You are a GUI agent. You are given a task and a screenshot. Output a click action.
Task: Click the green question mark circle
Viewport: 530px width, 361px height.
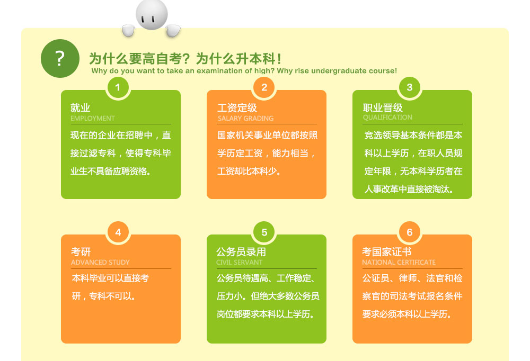coord(60,58)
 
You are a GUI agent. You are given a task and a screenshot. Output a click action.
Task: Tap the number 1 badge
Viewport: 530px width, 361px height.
coord(118,87)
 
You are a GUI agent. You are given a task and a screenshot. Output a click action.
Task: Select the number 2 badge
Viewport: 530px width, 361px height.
coord(264,87)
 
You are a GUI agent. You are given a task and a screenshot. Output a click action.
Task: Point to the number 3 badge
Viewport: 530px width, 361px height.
coord(409,87)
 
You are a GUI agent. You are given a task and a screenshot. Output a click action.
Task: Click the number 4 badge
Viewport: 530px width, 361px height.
coord(118,232)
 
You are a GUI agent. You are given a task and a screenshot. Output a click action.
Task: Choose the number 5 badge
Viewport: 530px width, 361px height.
coord(264,232)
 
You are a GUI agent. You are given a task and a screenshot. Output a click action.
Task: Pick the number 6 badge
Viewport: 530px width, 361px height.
coord(409,232)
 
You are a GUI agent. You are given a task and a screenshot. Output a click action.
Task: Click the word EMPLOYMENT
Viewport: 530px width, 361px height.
coord(93,118)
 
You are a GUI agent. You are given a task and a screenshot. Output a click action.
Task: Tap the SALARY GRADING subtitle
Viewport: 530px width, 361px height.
coord(246,118)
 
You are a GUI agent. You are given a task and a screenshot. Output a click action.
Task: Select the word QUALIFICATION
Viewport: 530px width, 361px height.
coord(388,117)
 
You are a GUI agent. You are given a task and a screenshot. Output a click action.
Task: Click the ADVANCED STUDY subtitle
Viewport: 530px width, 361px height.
coord(100,262)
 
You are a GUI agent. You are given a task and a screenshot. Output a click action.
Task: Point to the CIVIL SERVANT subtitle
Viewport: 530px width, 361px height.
coord(240,262)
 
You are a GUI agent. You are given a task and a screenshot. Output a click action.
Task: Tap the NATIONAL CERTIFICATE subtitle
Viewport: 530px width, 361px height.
coord(399,262)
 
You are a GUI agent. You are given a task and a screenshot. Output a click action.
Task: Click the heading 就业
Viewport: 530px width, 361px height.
coord(80,108)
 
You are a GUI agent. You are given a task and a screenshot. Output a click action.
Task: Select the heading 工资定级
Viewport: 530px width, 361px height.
coord(237,108)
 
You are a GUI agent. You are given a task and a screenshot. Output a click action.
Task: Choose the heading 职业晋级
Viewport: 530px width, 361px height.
coord(383,108)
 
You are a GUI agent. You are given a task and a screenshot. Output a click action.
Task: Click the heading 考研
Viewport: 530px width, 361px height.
coord(81,251)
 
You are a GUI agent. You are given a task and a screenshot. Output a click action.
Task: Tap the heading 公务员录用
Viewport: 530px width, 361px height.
coord(241,251)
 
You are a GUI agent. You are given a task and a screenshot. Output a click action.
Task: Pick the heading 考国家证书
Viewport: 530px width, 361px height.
coord(387,251)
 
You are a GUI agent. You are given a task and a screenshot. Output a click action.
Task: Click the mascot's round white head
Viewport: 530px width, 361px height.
coord(152,14)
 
